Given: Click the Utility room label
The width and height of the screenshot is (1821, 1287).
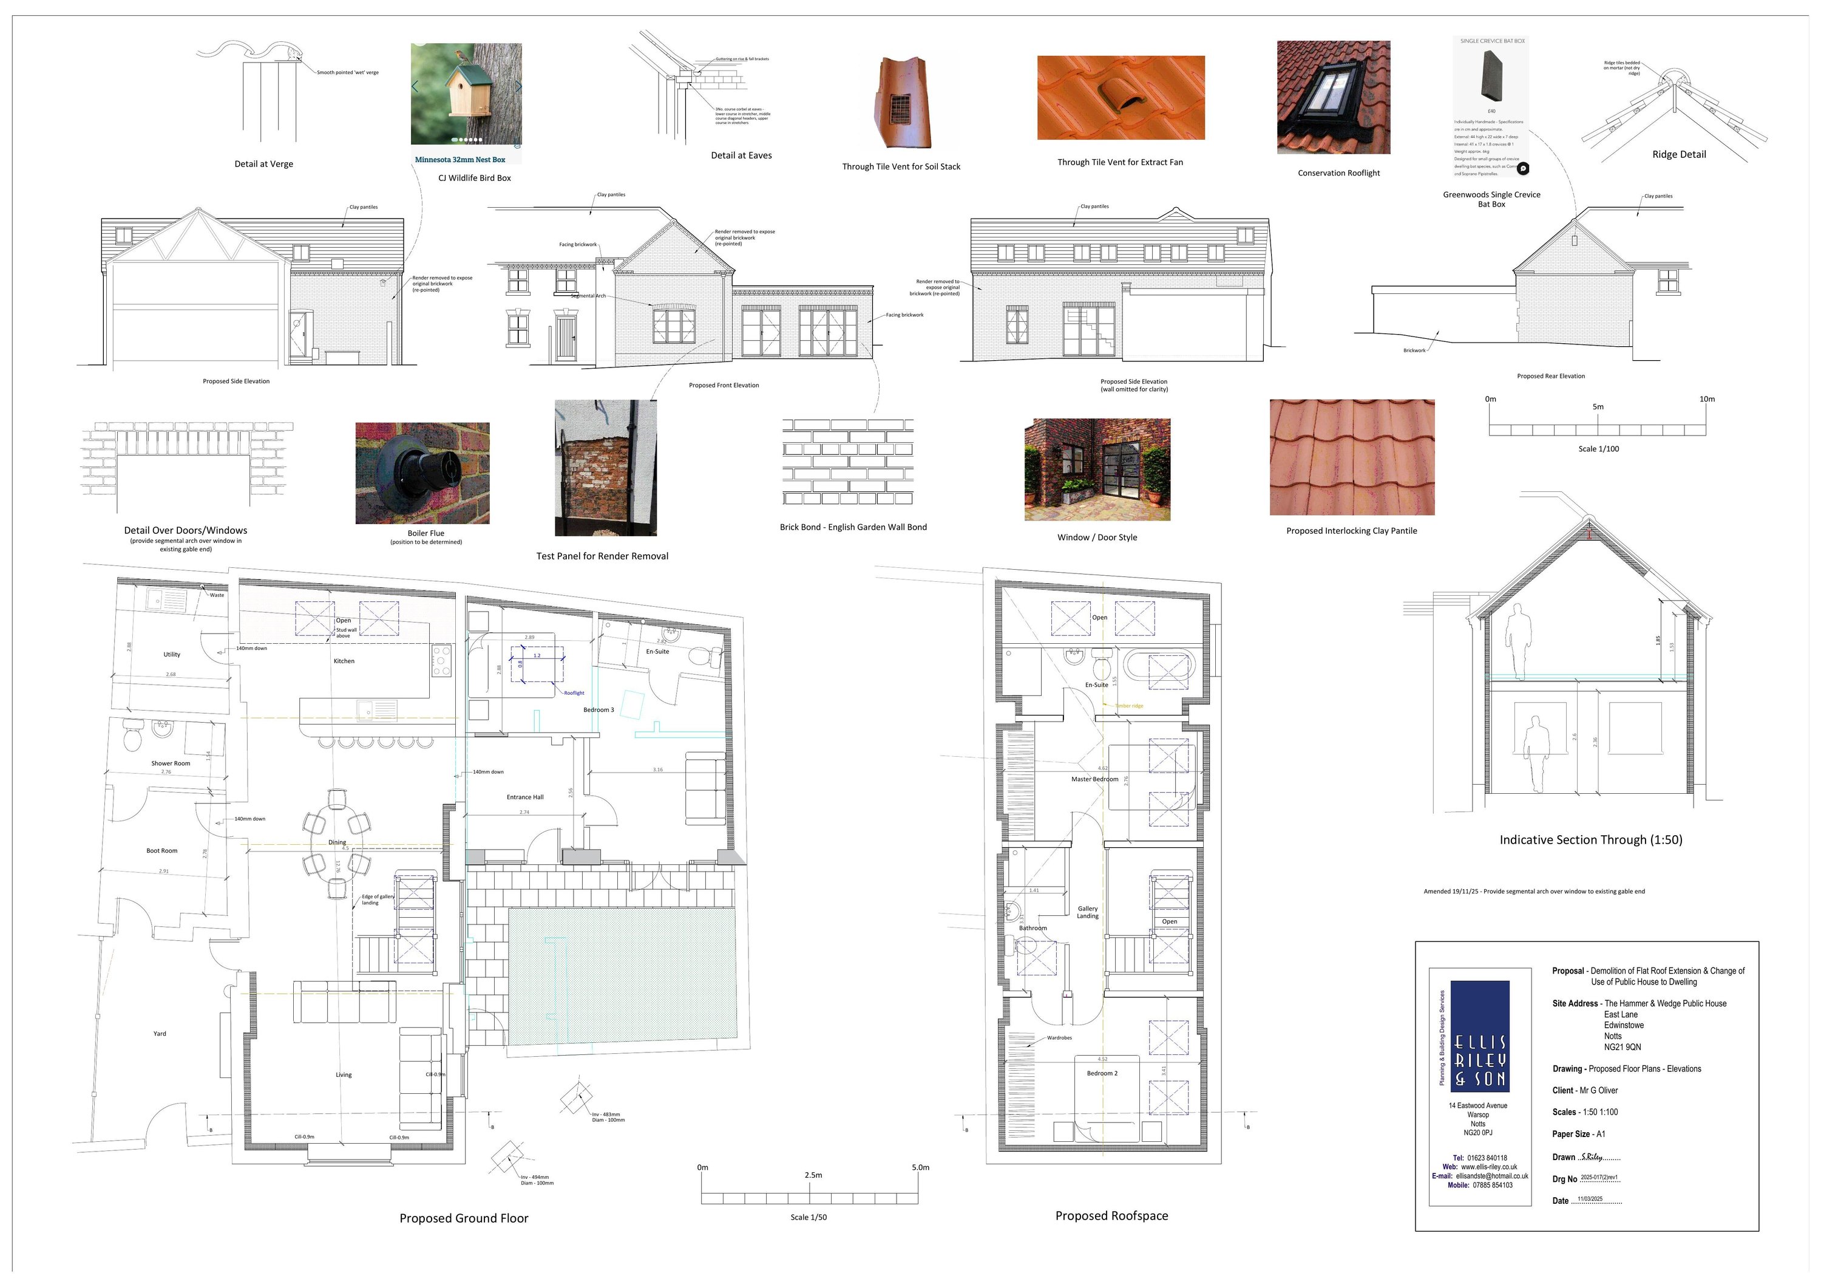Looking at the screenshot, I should (171, 655).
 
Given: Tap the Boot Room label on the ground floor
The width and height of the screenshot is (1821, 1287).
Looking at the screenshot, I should (162, 850).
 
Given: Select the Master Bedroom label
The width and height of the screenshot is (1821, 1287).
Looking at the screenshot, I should (1094, 779).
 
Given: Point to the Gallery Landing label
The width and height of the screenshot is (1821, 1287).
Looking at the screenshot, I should (1087, 912).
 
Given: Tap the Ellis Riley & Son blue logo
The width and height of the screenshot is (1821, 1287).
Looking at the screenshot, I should (1480, 1036).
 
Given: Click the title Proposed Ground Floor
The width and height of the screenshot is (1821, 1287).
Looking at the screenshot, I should (463, 1218).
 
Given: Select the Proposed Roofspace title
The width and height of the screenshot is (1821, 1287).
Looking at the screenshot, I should (1111, 1215).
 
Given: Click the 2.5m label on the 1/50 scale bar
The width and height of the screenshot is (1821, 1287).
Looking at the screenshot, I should (813, 1175).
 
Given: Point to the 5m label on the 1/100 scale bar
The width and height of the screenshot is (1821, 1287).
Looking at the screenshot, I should (1598, 407).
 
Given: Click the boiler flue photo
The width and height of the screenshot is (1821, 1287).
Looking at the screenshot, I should (422, 473).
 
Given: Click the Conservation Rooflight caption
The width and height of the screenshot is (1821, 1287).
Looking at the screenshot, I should (1339, 173).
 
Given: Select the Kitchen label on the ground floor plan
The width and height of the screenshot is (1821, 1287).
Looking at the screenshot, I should (344, 661).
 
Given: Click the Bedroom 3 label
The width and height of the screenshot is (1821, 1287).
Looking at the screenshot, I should (599, 709).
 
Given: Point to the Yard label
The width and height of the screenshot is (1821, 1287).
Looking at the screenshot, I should (160, 1034).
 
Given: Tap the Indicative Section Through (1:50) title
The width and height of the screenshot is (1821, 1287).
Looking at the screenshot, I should (1590, 839).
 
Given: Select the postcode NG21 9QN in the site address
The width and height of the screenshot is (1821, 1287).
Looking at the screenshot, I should (1623, 1047).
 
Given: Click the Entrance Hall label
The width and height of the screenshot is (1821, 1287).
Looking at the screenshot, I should (525, 797).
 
